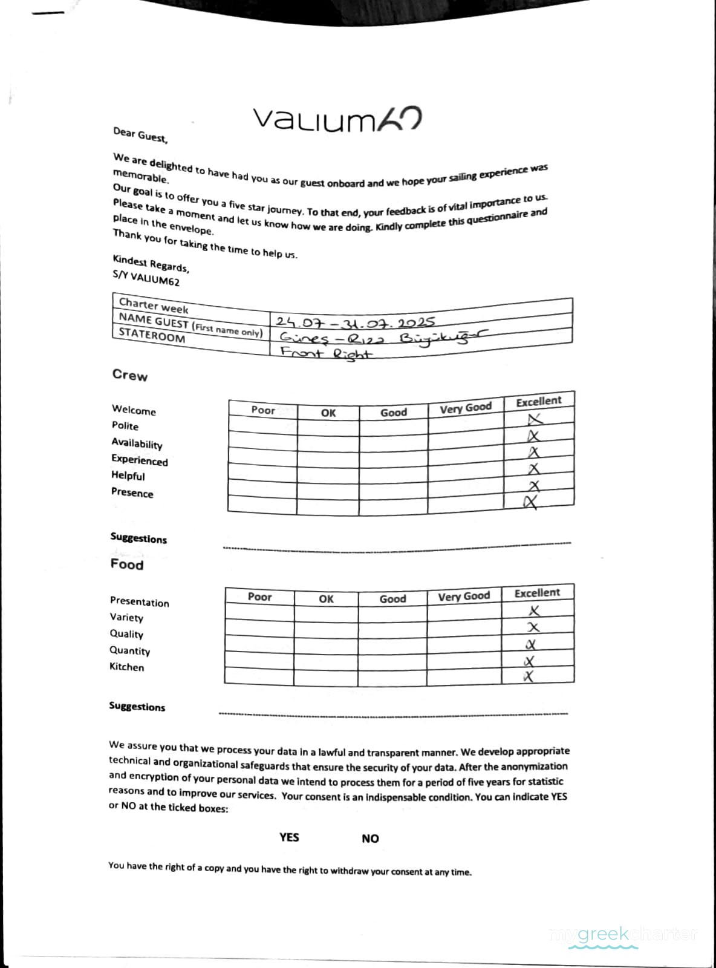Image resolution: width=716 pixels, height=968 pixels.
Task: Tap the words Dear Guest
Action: [140, 135]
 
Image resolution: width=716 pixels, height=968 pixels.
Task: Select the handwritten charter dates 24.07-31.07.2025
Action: [355, 321]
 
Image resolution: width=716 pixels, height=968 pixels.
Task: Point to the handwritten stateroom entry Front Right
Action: [327, 353]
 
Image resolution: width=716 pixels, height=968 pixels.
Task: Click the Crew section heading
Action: [129, 375]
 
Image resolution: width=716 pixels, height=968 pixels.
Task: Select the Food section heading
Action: [127, 564]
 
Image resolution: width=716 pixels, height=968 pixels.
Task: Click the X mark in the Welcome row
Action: [535, 419]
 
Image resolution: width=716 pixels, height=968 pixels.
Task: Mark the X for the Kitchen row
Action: [529, 676]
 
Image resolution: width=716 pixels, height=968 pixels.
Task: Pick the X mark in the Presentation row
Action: [534, 611]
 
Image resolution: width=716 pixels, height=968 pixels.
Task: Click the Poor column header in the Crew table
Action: [263, 410]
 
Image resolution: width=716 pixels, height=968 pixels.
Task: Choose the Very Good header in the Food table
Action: [464, 597]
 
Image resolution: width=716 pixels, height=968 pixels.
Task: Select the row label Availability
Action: [137, 443]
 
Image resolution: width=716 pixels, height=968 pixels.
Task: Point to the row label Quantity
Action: [129, 650]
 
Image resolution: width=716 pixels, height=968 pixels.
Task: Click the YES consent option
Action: [289, 837]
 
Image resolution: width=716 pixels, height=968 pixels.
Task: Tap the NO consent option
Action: [370, 839]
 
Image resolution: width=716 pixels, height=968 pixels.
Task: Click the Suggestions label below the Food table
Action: [137, 706]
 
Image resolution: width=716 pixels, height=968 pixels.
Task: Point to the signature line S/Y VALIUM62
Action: [146, 278]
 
